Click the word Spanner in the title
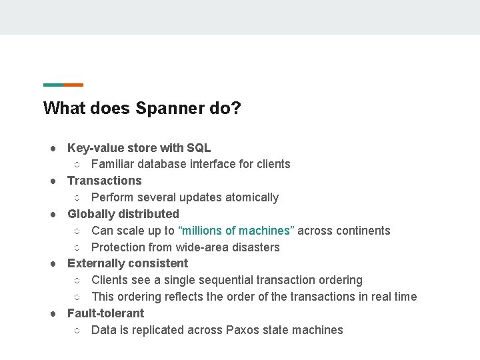(169, 108)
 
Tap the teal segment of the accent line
(53, 85)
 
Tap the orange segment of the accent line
(73, 85)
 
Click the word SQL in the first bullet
(199, 147)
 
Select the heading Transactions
(105, 181)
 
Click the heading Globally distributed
(123, 214)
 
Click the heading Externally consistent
(128, 263)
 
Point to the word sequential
(245, 280)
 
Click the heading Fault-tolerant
(105, 313)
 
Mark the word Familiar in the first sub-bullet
(114, 164)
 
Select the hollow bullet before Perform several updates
(77, 198)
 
